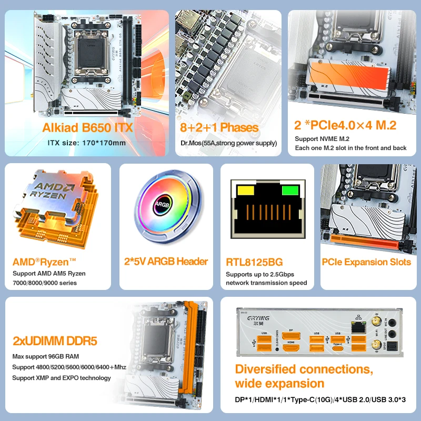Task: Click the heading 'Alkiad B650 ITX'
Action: pos(88,127)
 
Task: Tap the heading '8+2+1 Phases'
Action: pos(219,127)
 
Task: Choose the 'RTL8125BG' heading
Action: pos(254,262)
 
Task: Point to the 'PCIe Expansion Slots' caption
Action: pos(366,262)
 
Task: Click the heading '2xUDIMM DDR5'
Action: pos(55,341)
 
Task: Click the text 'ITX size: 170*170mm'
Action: pos(87,142)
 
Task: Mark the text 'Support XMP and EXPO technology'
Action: pos(62,378)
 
